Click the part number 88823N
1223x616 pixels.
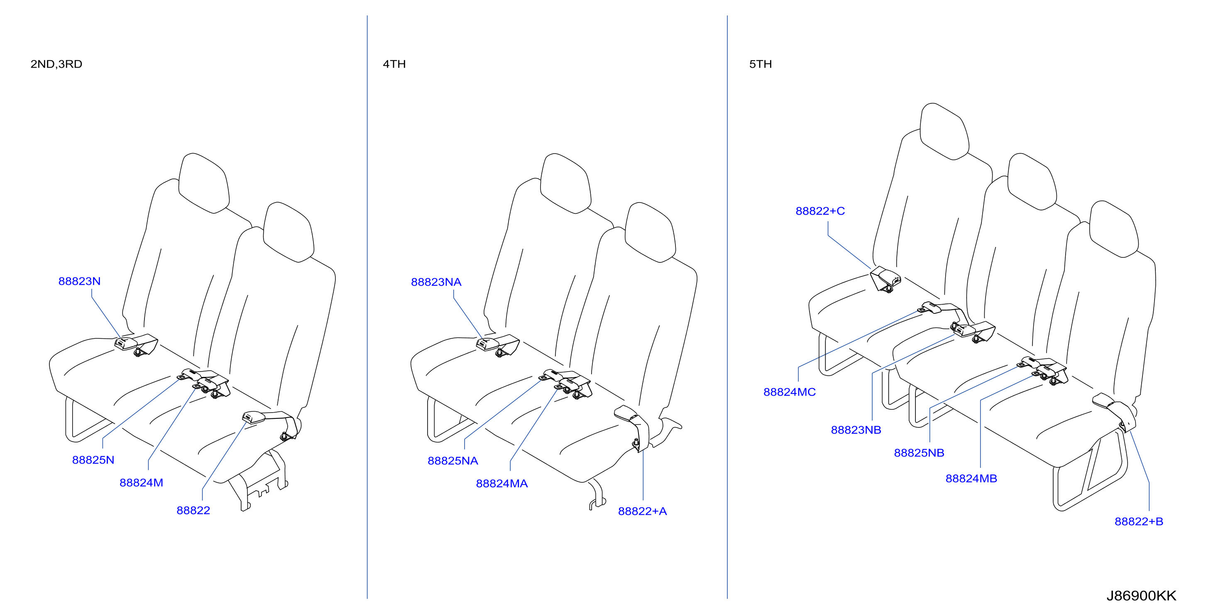point(79,281)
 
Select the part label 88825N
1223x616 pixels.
point(93,460)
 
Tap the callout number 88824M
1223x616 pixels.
point(142,483)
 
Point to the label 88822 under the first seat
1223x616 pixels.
point(193,511)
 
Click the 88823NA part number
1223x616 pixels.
point(436,282)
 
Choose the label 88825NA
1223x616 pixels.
point(453,461)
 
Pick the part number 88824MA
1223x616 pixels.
point(502,484)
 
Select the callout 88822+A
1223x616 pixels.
point(642,511)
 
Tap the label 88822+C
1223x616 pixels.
point(820,211)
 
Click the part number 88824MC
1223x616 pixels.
point(790,392)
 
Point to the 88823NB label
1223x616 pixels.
point(856,430)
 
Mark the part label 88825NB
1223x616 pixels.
point(919,453)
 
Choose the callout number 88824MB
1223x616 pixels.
point(971,478)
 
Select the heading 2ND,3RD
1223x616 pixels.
point(56,64)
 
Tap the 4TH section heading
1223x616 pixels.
point(394,64)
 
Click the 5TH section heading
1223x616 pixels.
point(761,64)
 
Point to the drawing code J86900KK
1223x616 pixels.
point(1141,596)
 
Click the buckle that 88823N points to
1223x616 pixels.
point(126,344)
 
